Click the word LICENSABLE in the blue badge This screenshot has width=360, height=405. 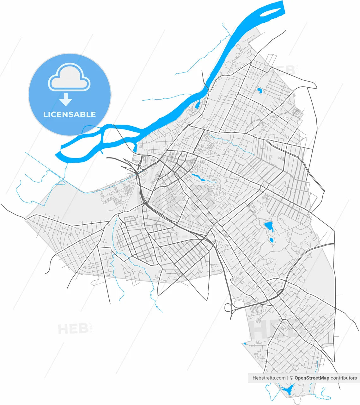pos(70,114)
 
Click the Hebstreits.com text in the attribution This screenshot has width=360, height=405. pos(269,378)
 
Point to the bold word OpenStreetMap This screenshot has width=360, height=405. pos(312,378)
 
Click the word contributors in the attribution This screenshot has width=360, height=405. pos(344,378)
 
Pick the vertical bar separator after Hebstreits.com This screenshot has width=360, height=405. pos(288,378)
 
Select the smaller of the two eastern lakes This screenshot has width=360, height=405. pos(272,240)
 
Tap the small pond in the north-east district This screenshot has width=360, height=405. pos(259,91)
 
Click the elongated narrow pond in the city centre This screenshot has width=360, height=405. pos(198,177)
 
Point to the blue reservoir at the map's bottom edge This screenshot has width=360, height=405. pos(287,389)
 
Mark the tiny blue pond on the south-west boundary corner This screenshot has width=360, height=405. pos(244,344)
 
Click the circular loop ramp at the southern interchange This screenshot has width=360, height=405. pos(228,307)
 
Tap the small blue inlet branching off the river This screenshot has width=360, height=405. pos(198,103)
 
